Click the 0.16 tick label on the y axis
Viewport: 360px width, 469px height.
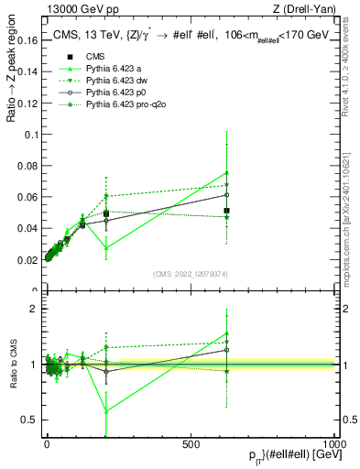(x=28, y=41)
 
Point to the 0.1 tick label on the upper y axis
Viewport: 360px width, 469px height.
(x=32, y=135)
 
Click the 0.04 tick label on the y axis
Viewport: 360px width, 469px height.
(x=28, y=229)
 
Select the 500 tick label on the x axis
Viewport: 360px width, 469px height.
(x=191, y=444)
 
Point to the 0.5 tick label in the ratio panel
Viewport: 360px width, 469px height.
(x=31, y=420)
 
